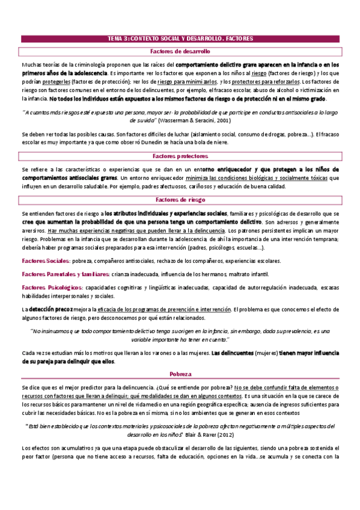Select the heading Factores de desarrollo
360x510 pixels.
(x=180, y=52)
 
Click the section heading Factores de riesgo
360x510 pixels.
(x=180, y=200)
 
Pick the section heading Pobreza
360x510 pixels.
(x=180, y=373)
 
